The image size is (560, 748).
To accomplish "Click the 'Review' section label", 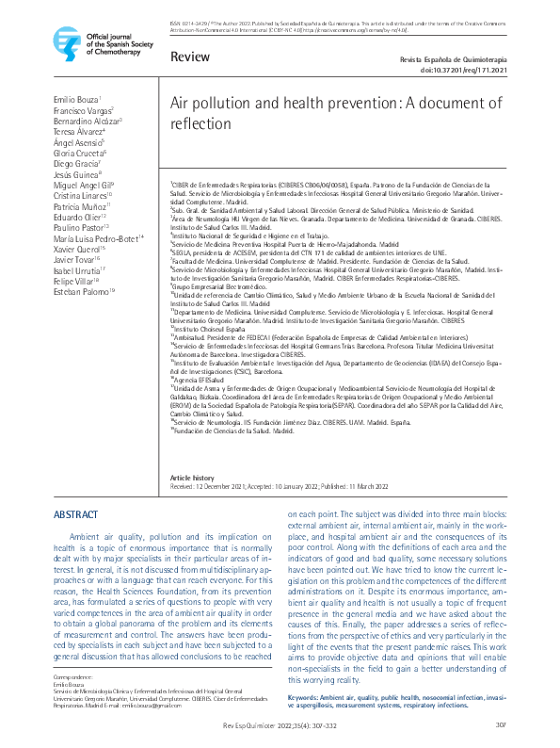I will (190, 57).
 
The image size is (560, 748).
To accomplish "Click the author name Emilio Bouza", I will (76, 99).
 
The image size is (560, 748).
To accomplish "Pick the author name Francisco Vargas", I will (82, 110).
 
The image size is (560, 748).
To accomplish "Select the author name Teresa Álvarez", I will (78, 132).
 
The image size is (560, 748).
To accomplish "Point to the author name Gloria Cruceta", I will (79, 154).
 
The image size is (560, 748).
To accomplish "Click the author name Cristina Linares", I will (82, 197).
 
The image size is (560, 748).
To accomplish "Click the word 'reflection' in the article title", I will (203, 124).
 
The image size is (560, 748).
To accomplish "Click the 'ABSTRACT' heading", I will (75, 515).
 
